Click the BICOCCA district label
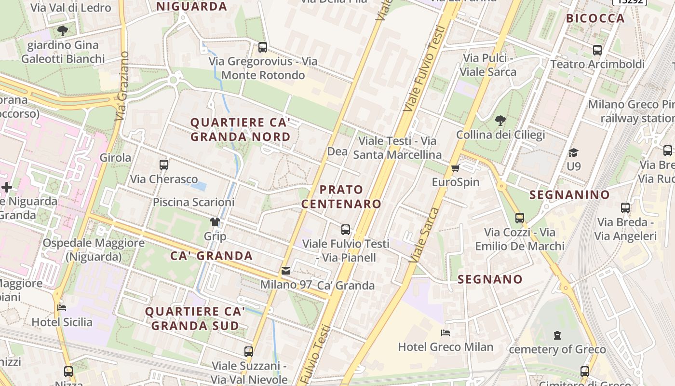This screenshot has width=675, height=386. pyautogui.click(x=595, y=18)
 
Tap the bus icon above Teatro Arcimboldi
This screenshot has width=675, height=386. pyautogui.click(x=597, y=50)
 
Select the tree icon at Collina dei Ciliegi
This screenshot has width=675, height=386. pyautogui.click(x=500, y=120)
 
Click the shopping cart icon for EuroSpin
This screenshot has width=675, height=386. pyautogui.click(x=455, y=168)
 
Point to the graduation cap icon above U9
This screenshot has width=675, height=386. pyautogui.click(x=573, y=152)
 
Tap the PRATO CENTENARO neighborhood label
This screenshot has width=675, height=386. pyautogui.click(x=341, y=196)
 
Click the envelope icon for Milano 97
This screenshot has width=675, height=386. pyautogui.click(x=286, y=271)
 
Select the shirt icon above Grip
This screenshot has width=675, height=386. pyautogui.click(x=215, y=222)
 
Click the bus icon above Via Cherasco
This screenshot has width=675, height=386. pyautogui.click(x=164, y=165)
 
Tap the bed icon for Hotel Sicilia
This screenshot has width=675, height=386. pyautogui.click(x=62, y=307)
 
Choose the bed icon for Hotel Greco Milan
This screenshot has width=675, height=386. pyautogui.click(x=445, y=332)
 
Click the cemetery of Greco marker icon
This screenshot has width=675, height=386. pyautogui.click(x=557, y=335)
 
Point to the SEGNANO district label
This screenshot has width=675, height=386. pyautogui.click(x=490, y=279)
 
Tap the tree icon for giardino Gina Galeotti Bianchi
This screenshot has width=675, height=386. pyautogui.click(x=62, y=31)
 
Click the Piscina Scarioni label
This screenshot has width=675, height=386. pyautogui.click(x=193, y=202)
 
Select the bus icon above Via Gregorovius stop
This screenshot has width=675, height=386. pyautogui.click(x=263, y=47)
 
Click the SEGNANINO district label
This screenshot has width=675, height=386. pyautogui.click(x=569, y=194)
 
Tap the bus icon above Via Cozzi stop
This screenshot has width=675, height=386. pyautogui.click(x=519, y=218)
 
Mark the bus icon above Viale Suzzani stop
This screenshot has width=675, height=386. pyautogui.click(x=249, y=351)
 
